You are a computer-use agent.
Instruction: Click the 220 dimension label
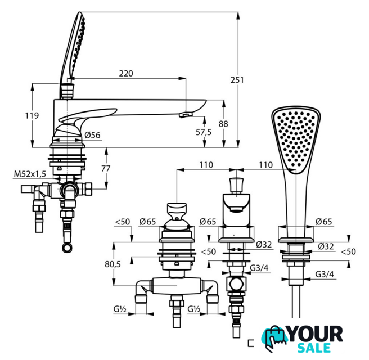126,74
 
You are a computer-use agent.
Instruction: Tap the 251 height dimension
237,80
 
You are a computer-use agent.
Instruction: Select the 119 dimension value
32,115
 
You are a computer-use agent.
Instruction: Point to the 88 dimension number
223,124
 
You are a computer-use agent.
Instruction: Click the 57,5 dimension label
204,132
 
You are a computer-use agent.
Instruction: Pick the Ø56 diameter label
92,135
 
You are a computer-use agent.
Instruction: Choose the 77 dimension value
106,169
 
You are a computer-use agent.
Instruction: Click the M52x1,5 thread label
30,174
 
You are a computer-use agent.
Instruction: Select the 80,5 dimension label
112,264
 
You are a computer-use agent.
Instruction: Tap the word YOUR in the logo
315,334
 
